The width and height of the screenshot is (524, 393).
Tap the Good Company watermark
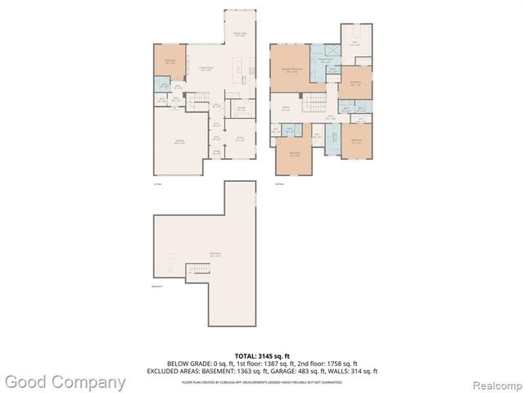point(64,382)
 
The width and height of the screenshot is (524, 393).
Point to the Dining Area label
point(240,35)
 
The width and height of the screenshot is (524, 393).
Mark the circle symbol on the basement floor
point(169,270)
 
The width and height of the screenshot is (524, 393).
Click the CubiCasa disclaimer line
point(261,380)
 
